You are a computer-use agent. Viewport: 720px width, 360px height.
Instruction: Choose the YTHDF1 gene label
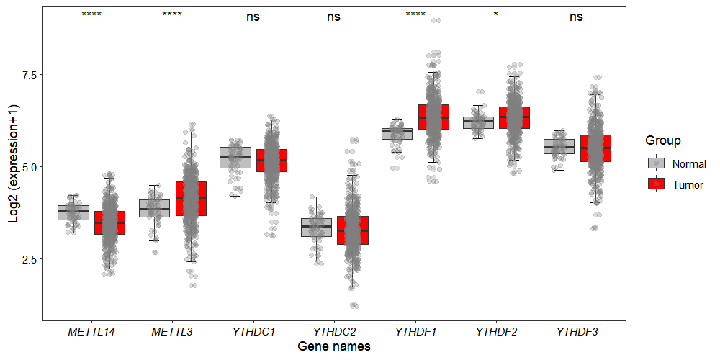coord(415,332)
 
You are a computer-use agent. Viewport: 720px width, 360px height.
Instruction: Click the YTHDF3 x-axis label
coord(577,332)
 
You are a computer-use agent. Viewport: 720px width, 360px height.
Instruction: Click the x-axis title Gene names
coord(334,347)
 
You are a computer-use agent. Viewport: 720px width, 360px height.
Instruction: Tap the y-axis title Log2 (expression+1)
coord(14,163)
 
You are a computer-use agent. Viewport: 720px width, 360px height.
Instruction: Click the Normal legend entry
coord(689,163)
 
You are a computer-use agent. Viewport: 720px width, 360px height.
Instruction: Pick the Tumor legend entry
coord(688,184)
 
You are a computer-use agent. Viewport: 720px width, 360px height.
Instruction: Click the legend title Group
coord(663,140)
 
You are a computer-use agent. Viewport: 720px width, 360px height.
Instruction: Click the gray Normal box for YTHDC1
coord(235,157)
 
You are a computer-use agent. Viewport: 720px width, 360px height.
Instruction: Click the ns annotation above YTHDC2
coord(334,17)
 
